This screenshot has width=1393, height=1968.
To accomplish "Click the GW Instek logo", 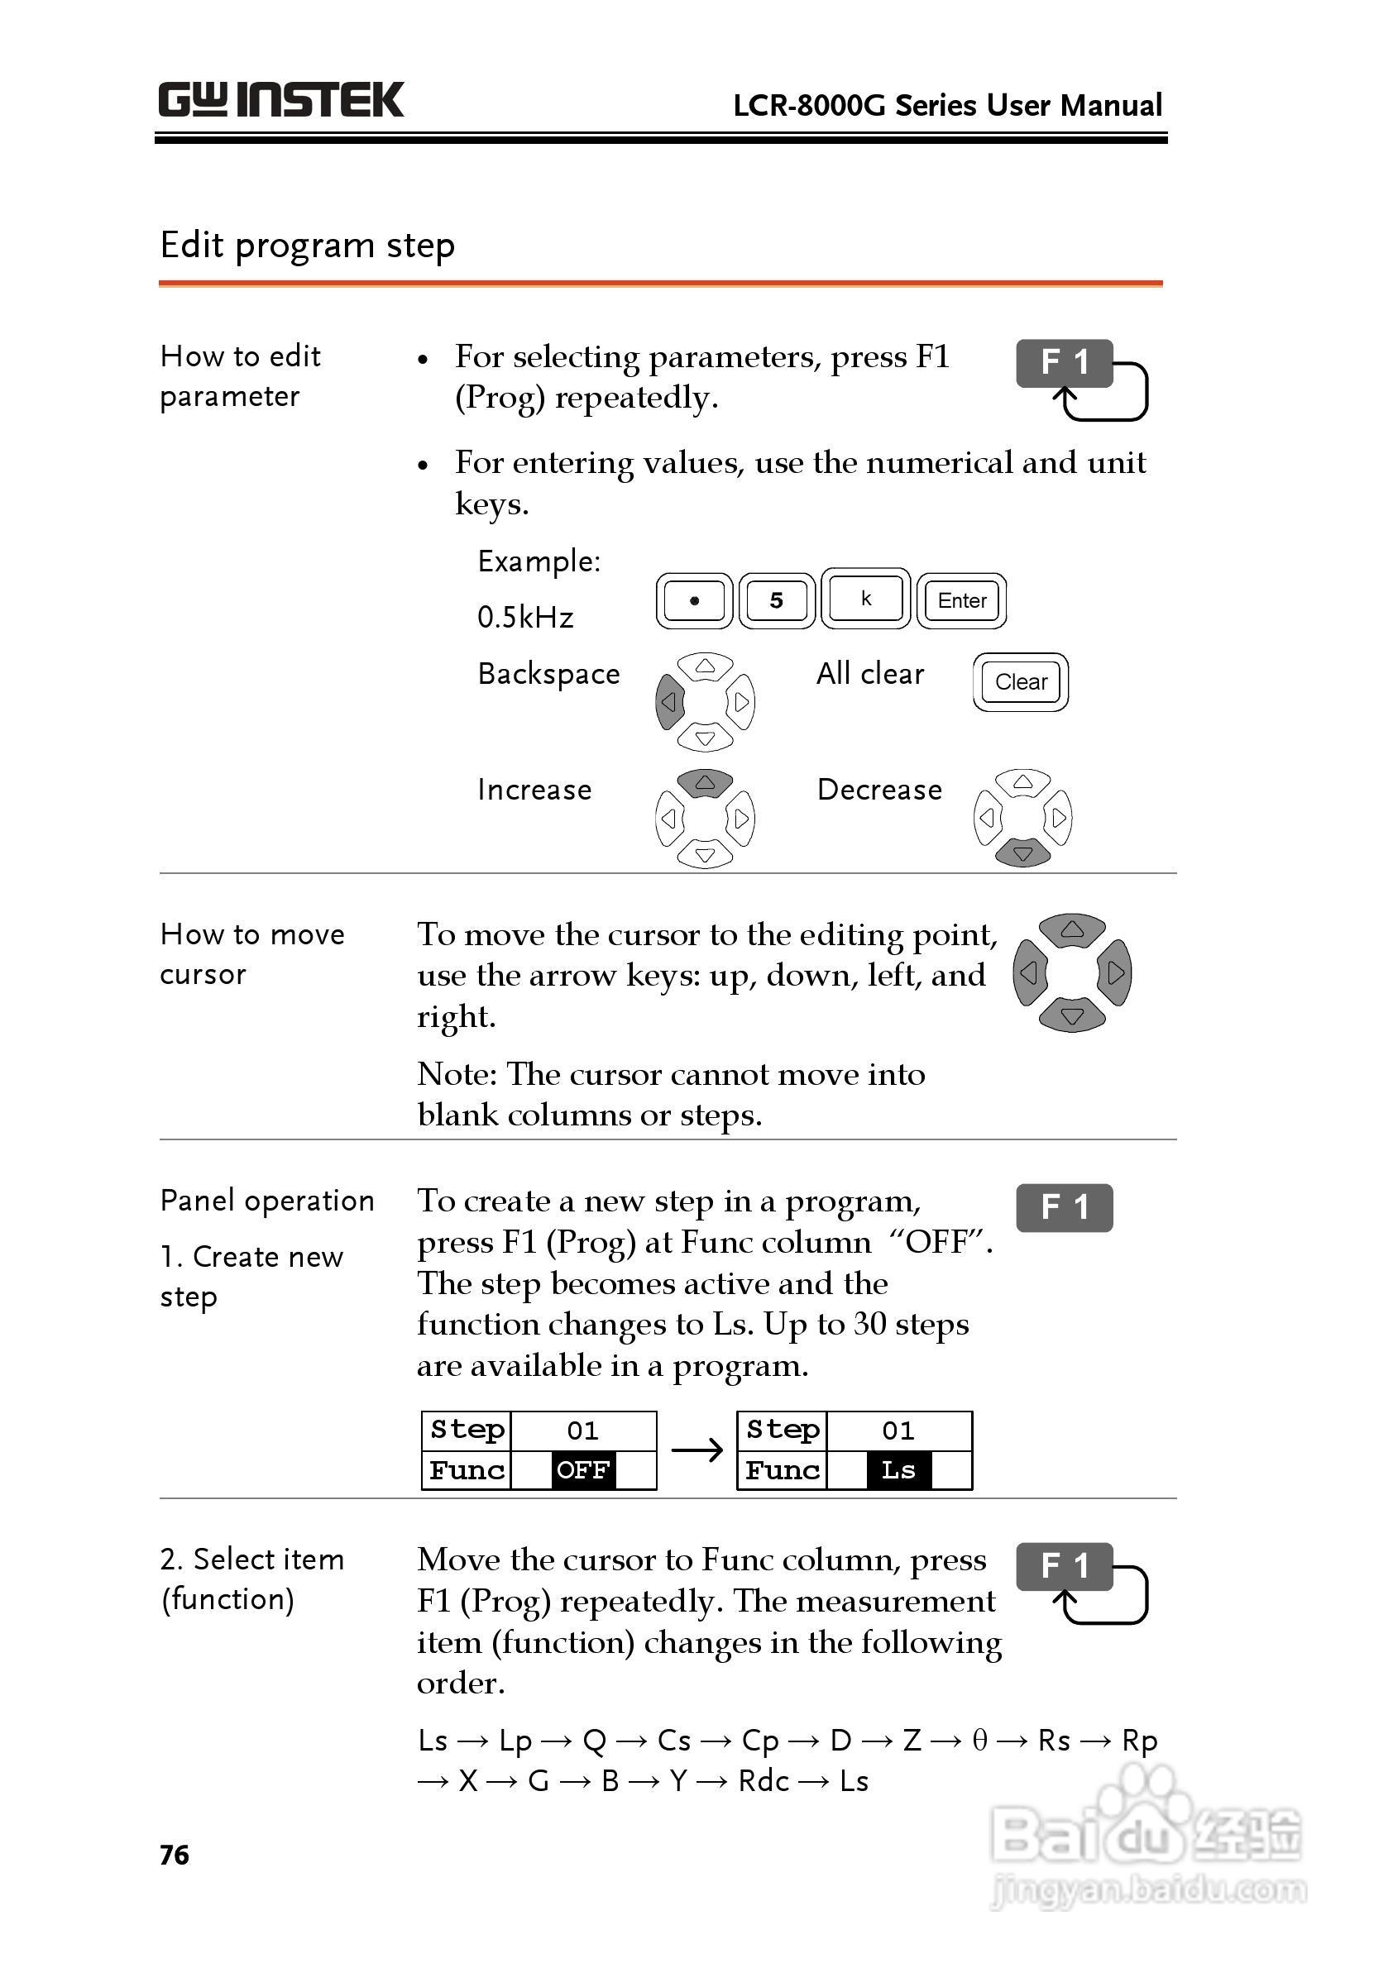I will [x=280, y=99].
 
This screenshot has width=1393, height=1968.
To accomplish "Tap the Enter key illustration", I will [x=961, y=600].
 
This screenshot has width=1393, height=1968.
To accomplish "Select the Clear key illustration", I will [x=1020, y=681].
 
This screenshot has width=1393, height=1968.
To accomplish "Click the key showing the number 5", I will [x=776, y=600].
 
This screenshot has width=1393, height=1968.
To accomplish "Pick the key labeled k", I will [x=865, y=598].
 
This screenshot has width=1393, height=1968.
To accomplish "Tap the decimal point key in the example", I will [x=694, y=600].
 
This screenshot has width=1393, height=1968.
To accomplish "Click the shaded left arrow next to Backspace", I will [x=670, y=701].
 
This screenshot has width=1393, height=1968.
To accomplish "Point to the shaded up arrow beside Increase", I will [x=705, y=782].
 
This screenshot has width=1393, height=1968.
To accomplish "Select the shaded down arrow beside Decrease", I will [x=1022, y=853].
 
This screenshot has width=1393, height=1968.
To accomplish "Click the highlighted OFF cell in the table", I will [x=582, y=1469].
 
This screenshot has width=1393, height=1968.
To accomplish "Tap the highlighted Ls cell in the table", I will [x=898, y=1469].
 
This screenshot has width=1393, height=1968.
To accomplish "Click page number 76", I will [x=174, y=1855].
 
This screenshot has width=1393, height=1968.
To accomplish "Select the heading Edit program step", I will [x=307, y=246].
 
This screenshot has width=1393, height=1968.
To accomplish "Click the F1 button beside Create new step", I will [x=1064, y=1207].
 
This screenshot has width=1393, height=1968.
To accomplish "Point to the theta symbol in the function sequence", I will [x=979, y=1740].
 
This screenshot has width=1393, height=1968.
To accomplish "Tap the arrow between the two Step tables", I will [x=697, y=1450].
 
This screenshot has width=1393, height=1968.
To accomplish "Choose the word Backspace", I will [x=549, y=674].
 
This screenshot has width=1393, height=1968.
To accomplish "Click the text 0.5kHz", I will [x=525, y=617].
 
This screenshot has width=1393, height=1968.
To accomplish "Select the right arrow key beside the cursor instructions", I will [x=1115, y=972].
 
